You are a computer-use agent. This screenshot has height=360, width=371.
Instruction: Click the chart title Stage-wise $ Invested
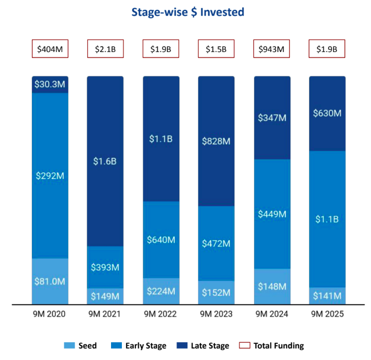point(186,12)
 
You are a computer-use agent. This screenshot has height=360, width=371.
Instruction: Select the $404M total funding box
point(50,49)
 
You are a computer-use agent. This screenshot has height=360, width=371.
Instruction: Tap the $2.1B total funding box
point(105,49)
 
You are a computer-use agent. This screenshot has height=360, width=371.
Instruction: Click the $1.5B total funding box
point(216,49)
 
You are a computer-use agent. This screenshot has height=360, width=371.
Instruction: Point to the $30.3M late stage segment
point(50,85)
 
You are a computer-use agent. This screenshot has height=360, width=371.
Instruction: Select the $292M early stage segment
point(50,176)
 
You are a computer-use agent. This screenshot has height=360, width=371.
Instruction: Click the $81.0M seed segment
point(50,281)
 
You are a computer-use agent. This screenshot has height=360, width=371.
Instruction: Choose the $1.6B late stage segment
point(105,161)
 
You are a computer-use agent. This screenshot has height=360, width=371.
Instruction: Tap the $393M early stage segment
point(105,267)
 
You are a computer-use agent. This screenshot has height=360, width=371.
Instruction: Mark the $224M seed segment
point(161,291)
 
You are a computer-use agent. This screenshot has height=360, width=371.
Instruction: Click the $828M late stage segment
point(216,141)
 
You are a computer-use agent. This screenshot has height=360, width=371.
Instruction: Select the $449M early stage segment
point(271,214)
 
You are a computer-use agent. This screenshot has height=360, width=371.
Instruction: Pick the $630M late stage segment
point(327,113)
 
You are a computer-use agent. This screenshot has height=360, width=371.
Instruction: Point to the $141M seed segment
point(327,296)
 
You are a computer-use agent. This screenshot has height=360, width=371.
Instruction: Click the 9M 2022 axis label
point(161,314)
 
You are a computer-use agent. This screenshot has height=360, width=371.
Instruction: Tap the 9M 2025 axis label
point(327,314)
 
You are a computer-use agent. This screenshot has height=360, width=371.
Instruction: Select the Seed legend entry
point(81,345)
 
